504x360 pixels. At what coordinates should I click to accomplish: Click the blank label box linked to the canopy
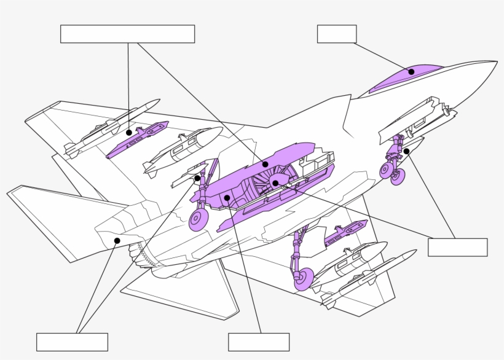pos(336,34)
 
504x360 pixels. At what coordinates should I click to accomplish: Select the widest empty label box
pos(127,34)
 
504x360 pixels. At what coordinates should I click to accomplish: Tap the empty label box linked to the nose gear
pos(457,247)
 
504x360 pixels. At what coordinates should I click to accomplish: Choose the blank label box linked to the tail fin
pos(72,342)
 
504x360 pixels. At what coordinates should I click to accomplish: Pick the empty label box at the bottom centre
pos(258,342)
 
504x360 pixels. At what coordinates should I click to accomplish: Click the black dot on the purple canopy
pos(411,71)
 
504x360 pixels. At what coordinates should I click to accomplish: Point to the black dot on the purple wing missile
pos(128,132)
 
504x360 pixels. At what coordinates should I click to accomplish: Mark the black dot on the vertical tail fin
pos(117,240)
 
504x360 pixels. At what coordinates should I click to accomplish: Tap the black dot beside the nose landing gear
pos(406,151)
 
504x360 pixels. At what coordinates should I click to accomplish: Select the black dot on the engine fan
pos(275,182)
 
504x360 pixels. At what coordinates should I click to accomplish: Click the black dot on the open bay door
pos(264,164)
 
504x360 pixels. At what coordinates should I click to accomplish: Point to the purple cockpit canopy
pos(406,76)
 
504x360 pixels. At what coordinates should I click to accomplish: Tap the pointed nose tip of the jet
pos(495,62)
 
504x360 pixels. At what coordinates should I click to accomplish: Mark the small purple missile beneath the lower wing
pos(345,232)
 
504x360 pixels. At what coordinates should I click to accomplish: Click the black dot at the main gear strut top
pos(197,178)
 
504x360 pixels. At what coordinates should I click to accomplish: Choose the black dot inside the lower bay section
pos(227,197)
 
